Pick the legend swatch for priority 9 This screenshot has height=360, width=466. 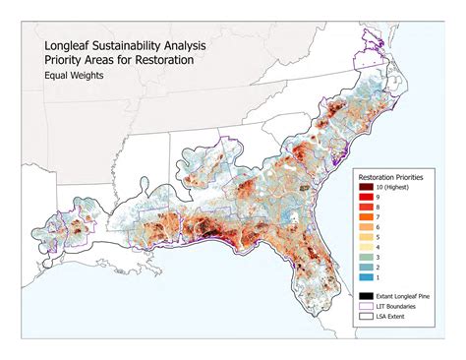point(365,199)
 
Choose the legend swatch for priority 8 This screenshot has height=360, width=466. point(365,209)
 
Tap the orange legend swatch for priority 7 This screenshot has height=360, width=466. point(365,218)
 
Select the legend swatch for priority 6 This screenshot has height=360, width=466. point(365,228)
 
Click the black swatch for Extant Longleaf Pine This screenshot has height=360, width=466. point(365,296)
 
